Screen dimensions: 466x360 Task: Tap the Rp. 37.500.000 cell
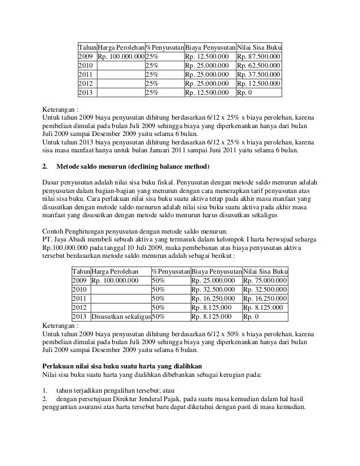pos(258,74)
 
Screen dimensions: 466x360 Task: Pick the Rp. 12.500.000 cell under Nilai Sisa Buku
pos(258,83)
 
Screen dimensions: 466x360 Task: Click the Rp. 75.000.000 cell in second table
pos(264,280)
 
